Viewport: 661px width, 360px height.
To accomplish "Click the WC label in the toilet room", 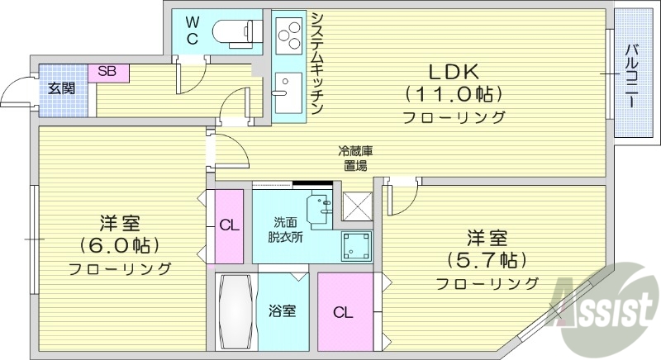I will click(192, 31).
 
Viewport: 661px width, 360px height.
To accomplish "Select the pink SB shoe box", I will click(107, 72).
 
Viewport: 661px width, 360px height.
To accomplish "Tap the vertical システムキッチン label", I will click(317, 64).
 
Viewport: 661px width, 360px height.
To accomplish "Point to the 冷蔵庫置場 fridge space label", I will click(356, 159).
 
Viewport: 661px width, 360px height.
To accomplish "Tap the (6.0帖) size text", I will click(120, 245).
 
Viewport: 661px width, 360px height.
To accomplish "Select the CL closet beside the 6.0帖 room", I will click(229, 225).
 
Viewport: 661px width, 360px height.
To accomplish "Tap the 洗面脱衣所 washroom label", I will click(289, 229).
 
